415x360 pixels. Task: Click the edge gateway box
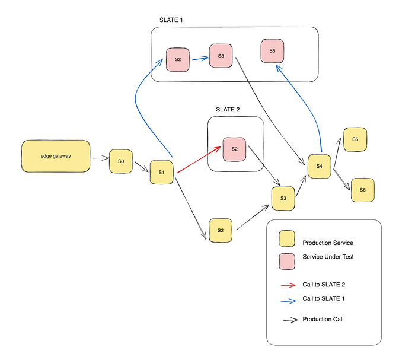coord(56,157)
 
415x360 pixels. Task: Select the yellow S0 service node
coord(121,161)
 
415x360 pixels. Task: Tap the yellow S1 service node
coord(161,172)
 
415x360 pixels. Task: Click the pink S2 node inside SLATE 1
coord(178,60)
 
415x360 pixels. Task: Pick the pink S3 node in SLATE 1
coord(221,56)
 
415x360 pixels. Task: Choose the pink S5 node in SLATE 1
coord(272,52)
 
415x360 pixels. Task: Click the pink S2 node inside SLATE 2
coord(234,149)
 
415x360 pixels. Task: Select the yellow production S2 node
coord(220,230)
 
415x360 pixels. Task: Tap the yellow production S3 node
coord(283,198)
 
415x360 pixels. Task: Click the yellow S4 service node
coord(319,167)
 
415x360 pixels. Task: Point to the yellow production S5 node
coord(355,139)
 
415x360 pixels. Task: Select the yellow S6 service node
coord(362,190)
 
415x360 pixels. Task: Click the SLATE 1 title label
coord(171,20)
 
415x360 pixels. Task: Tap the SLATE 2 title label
coord(228,110)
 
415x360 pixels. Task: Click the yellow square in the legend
coord(287,239)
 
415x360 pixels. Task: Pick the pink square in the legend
coord(287,260)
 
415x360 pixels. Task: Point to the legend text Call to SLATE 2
coord(324,285)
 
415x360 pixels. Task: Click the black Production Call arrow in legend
coord(290,320)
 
